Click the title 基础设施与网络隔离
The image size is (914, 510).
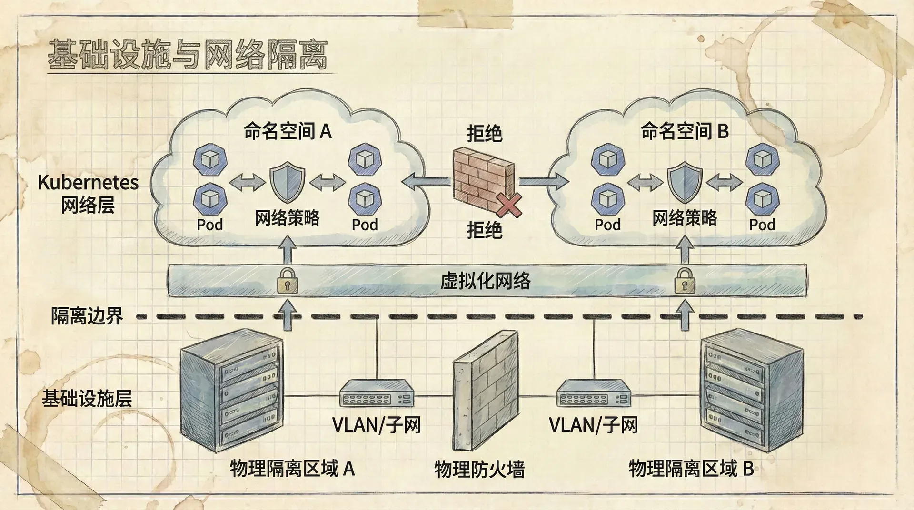coord(188,55)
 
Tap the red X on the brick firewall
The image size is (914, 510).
coord(509,205)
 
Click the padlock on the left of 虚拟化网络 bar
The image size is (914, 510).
coord(287,281)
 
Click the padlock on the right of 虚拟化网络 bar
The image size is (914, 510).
coord(685,281)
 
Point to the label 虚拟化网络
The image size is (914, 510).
coord(485,281)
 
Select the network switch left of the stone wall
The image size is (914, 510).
coord(377,392)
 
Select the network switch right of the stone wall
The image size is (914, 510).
coord(594,392)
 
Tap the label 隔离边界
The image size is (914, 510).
coord(87,316)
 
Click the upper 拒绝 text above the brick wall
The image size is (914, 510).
coord(485,133)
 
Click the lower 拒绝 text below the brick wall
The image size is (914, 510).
coord(485,230)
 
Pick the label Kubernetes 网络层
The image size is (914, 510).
coord(88,194)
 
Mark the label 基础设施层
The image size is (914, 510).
coord(87,398)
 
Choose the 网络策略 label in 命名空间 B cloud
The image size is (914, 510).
coord(685,218)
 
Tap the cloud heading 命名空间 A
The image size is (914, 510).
coord(288,131)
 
